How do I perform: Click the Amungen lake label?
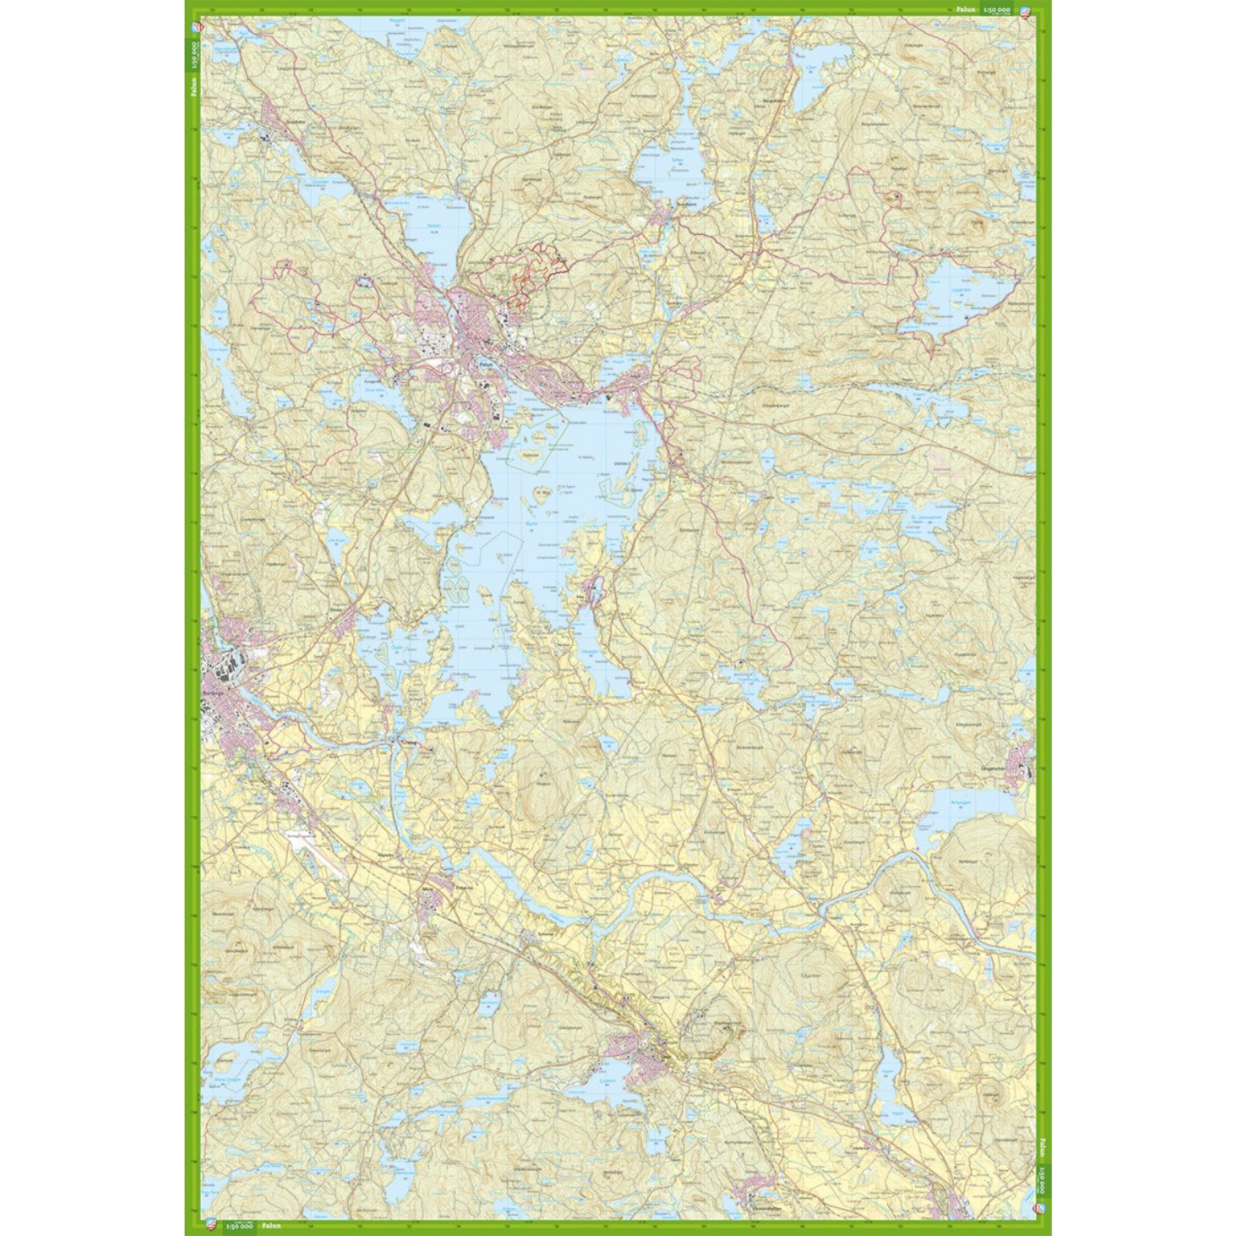(959, 801)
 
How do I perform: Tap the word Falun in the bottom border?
(271, 1225)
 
